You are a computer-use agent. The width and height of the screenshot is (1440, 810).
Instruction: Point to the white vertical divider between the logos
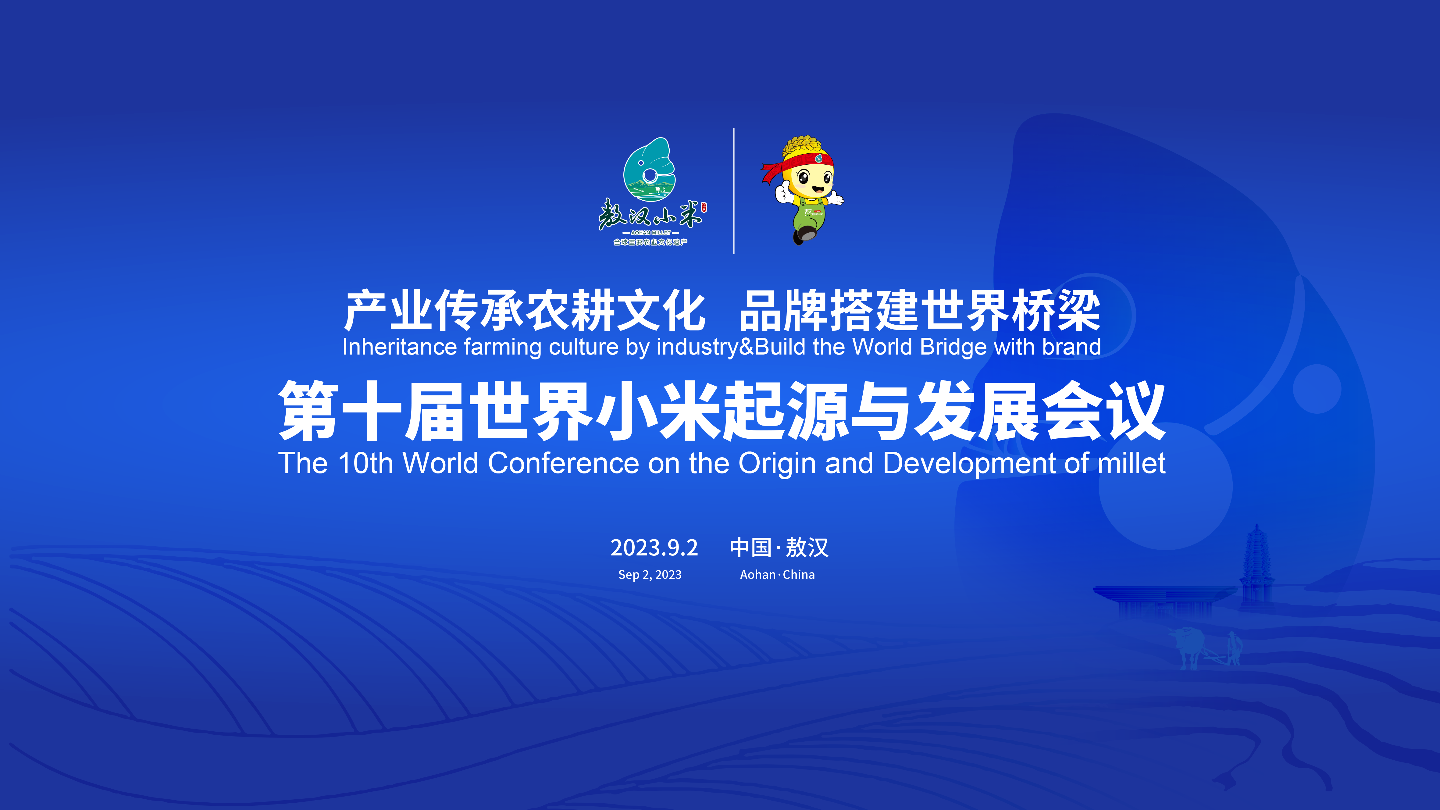pos(734,191)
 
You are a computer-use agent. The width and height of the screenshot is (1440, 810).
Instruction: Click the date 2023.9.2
pos(654,548)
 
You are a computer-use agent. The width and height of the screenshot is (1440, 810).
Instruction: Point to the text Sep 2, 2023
pos(650,575)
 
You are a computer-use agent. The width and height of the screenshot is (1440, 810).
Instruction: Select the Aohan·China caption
pos(777,575)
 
